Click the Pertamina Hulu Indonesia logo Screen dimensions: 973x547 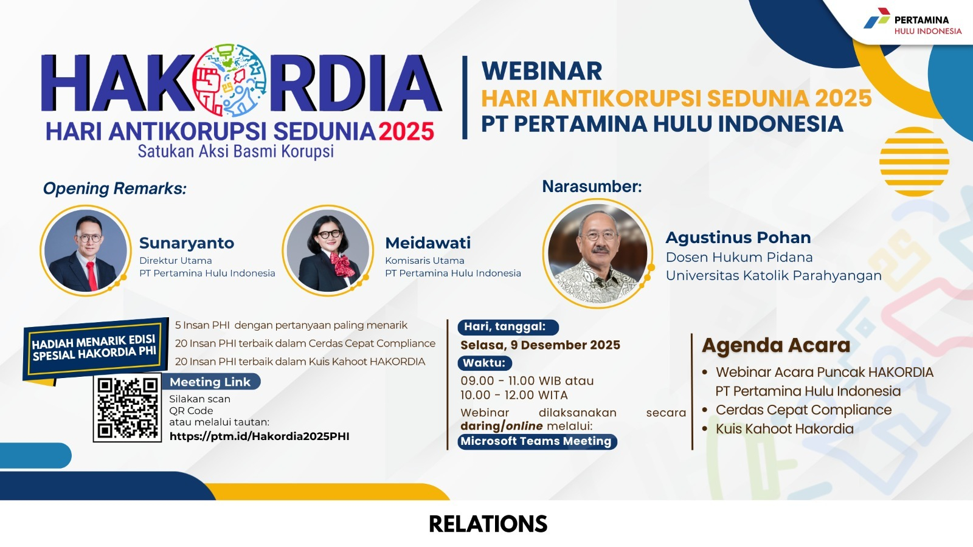(x=912, y=22)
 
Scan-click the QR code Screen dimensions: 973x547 (x=127, y=408)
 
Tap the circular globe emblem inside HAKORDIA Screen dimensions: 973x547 (x=229, y=80)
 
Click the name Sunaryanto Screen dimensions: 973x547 (x=187, y=243)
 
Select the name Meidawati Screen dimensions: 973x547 (x=428, y=243)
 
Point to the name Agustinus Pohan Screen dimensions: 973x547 (x=738, y=238)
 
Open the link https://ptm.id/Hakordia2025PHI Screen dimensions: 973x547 (x=259, y=436)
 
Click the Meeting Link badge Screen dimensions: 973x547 (x=211, y=382)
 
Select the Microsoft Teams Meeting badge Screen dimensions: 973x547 (x=537, y=441)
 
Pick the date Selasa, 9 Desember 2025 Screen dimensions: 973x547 (x=541, y=345)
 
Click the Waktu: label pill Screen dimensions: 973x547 (x=485, y=363)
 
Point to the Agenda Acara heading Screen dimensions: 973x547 (x=776, y=346)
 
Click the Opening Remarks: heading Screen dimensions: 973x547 (x=115, y=189)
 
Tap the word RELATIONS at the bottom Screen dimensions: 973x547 (x=488, y=524)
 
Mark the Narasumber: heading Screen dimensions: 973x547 (x=592, y=186)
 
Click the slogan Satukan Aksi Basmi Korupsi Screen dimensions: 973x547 (x=236, y=151)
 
